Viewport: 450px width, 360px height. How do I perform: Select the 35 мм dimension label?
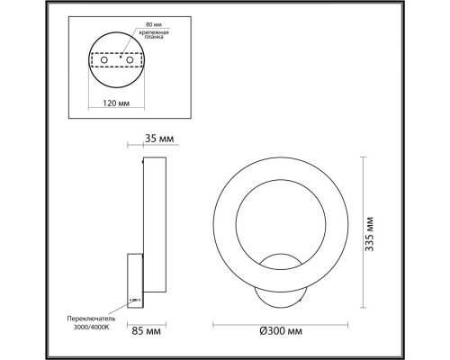point(158,138)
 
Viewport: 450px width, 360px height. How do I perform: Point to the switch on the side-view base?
point(135,301)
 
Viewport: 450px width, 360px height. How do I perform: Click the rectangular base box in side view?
point(135,282)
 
